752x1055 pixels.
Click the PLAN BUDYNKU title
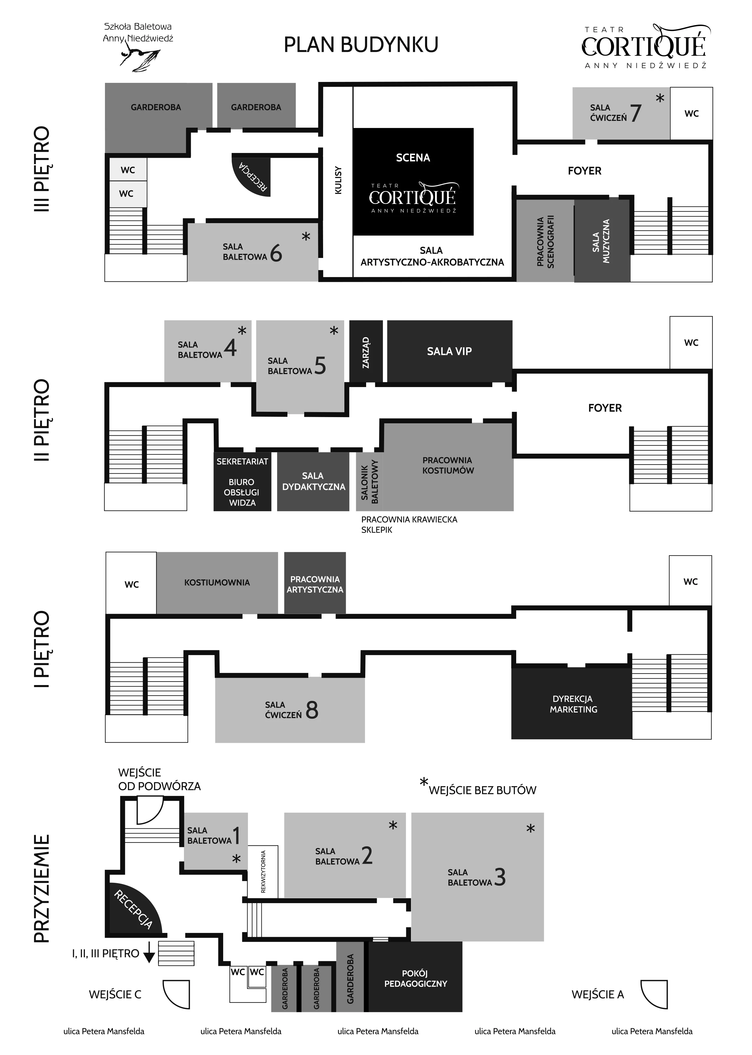pyautogui.click(x=361, y=45)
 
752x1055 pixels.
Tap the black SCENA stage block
pyautogui.click(x=413, y=182)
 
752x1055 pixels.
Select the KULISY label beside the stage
pyautogui.click(x=338, y=180)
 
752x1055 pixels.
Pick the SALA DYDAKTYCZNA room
pyautogui.click(x=313, y=481)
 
